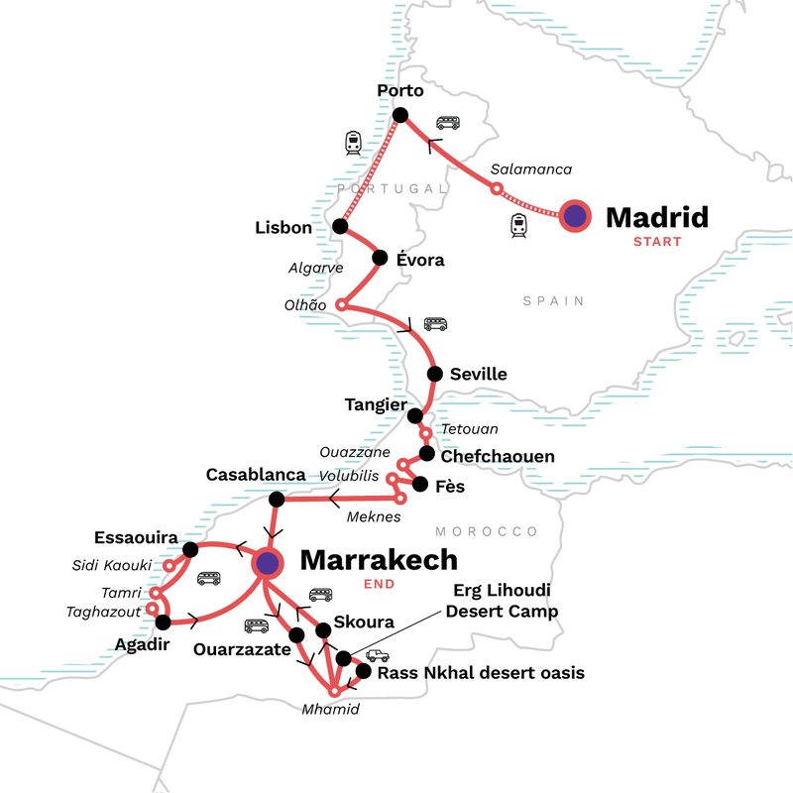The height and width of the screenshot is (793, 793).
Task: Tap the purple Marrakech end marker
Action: pos(268,563)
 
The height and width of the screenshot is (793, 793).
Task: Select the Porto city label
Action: pos(400,91)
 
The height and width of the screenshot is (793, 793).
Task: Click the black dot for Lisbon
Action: pos(340,227)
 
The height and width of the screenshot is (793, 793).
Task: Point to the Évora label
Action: pos(419,261)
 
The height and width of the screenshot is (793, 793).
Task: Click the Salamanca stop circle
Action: pos(497,188)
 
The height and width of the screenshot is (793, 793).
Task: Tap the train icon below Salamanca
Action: pos(516,226)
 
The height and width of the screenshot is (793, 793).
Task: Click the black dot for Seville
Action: pos(433,374)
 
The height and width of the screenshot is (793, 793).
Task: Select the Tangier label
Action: pos(376,404)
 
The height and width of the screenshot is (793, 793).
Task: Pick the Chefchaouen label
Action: pos(498,457)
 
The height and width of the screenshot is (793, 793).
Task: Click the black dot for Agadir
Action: pos(164,623)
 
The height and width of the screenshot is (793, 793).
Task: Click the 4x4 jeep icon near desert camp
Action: pos(378,655)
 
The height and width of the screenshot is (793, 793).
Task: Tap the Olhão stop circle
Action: pos(342,304)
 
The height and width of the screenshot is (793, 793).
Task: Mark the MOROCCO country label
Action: pos(501,531)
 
